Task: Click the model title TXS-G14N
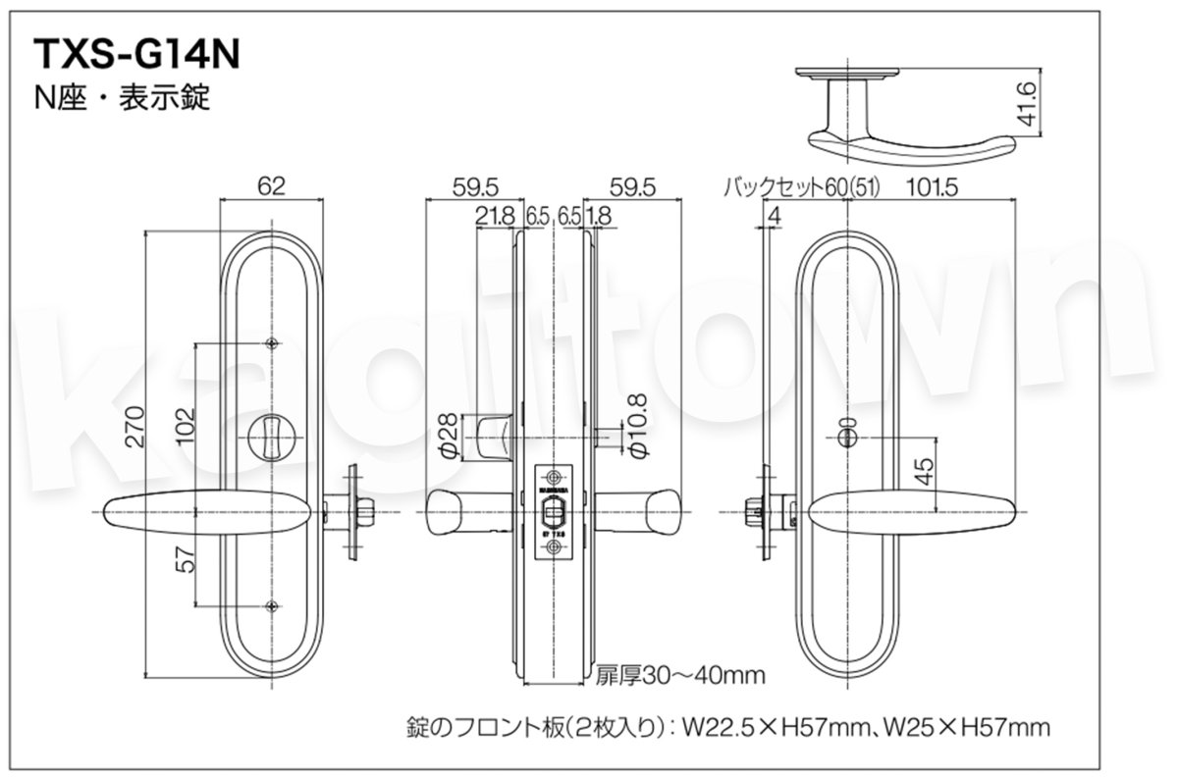136,53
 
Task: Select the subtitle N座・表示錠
122,98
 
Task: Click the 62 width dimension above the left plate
272,183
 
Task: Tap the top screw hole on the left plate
272,342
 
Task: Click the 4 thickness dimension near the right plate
775,215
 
